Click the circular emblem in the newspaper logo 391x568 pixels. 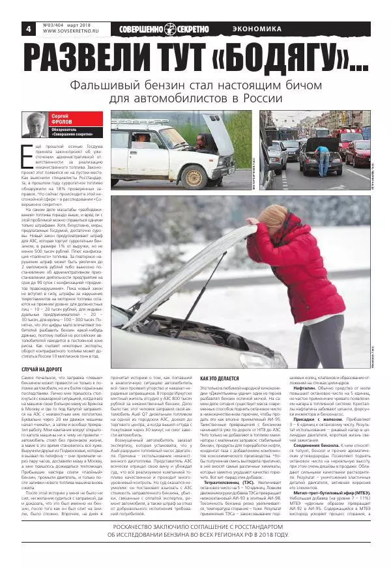[x=170, y=29]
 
